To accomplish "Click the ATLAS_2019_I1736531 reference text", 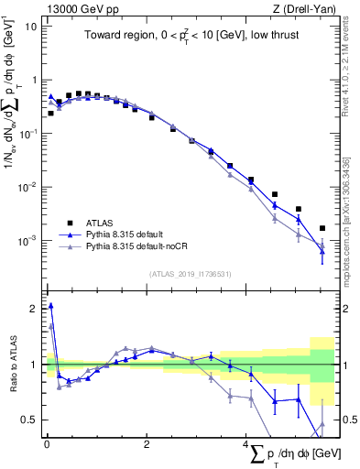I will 191,274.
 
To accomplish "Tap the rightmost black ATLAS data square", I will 322,228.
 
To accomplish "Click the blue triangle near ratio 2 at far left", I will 50,306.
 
